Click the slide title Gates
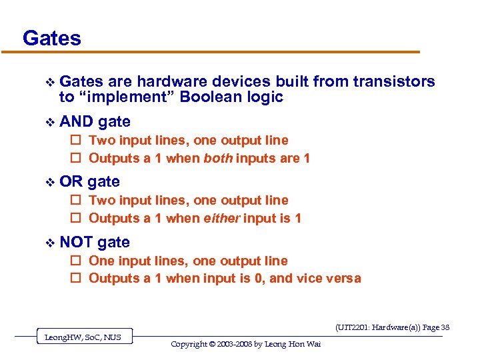pos(52,38)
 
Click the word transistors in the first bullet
pos(394,82)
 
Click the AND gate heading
pos(95,121)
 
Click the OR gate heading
pos(89,181)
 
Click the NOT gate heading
pos(95,242)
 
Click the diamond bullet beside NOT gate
pos(46,243)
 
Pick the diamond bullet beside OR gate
pos(46,182)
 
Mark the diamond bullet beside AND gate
pos(46,122)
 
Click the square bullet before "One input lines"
pos(75,261)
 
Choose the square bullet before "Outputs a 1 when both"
pos(75,159)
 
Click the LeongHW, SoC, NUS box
pos(83,337)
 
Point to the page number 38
pos(445,327)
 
